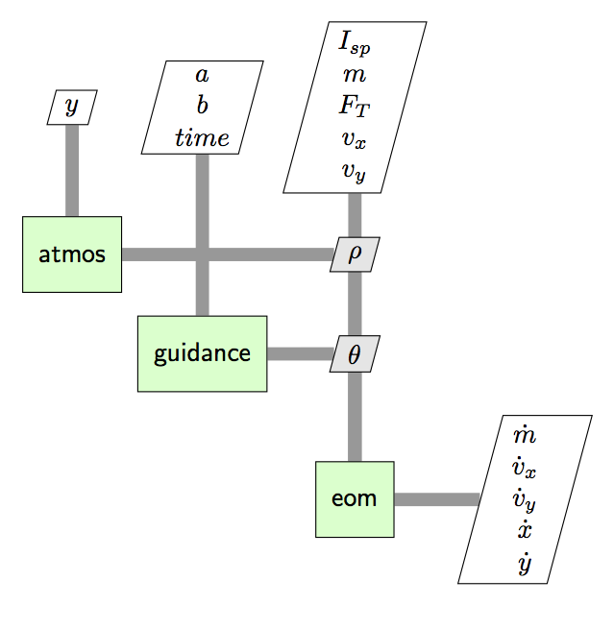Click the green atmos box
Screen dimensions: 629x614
click(72, 254)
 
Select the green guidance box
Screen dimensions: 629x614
click(202, 353)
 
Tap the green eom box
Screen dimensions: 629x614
click(355, 499)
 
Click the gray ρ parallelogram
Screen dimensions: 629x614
click(355, 254)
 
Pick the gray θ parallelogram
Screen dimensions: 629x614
click(355, 353)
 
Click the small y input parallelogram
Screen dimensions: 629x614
click(72, 107)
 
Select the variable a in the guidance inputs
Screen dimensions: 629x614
click(202, 75)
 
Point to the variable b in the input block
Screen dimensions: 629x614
click(202, 106)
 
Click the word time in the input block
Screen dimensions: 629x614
click(202, 137)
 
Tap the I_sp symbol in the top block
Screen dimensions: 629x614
click(355, 42)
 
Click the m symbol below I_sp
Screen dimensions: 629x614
click(355, 74)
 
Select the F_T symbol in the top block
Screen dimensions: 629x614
click(355, 106)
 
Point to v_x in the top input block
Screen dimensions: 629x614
click(355, 138)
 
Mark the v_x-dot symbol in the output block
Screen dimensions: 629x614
click(525, 468)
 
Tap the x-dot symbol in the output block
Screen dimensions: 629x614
click(525, 530)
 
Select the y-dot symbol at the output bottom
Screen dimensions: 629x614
click(525, 563)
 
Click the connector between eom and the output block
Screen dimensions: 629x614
click(436, 499)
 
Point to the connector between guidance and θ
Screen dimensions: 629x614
click(300, 353)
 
